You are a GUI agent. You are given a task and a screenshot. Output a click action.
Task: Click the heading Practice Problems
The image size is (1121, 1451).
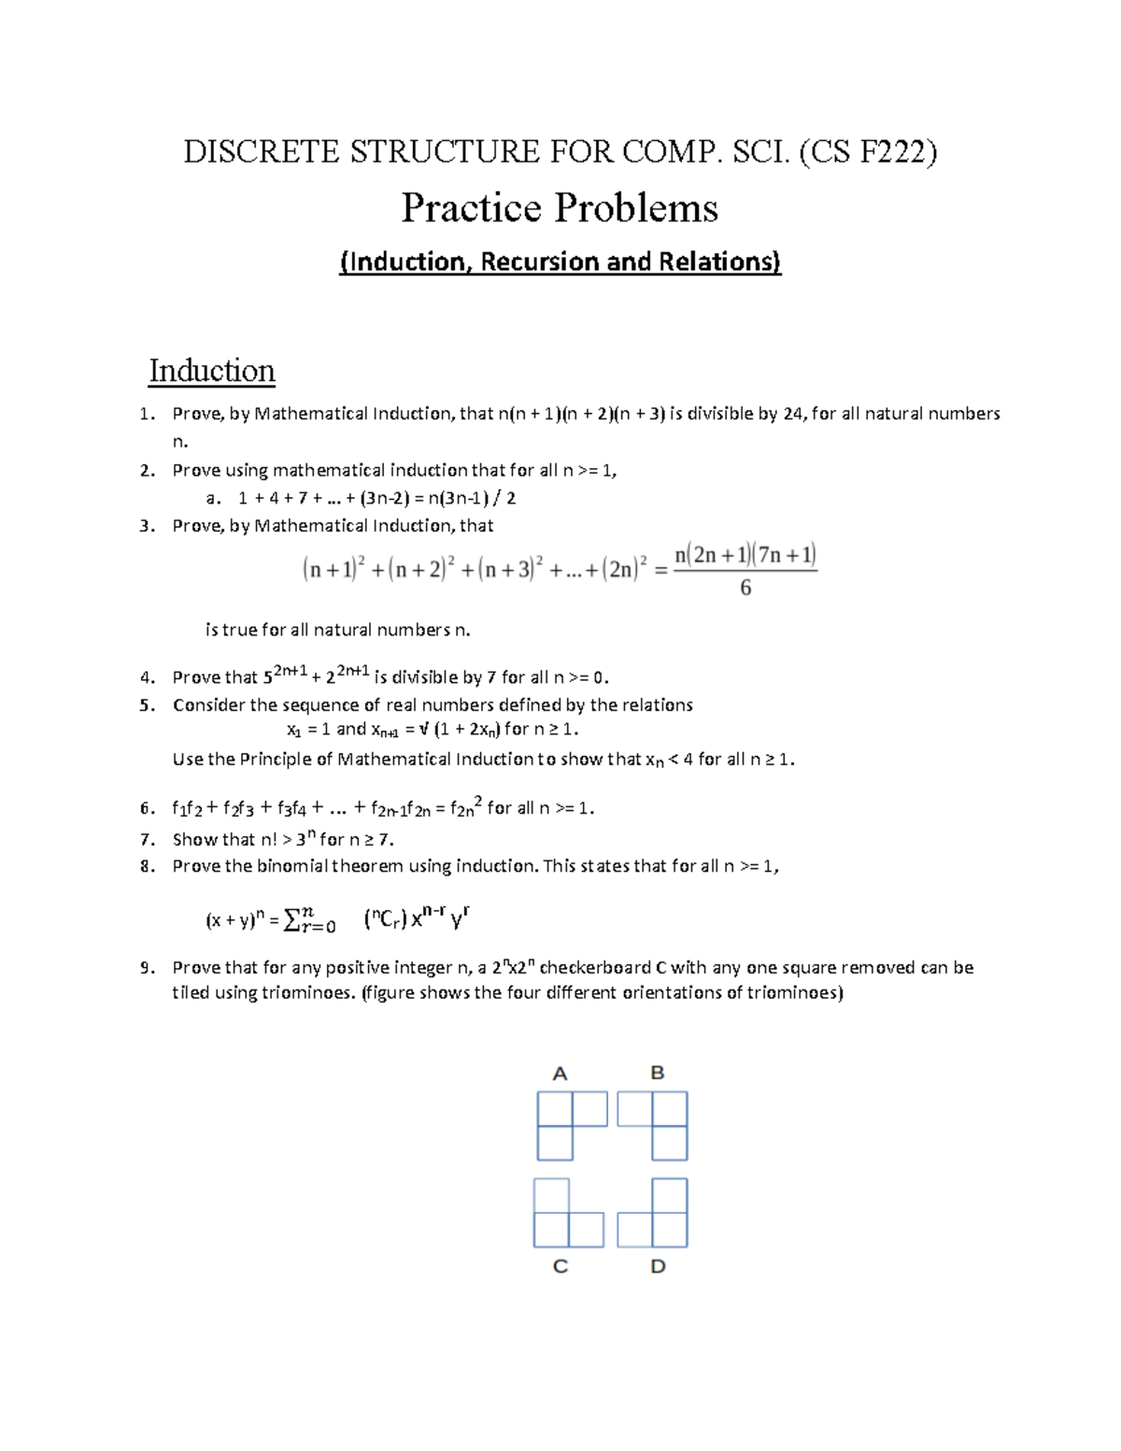coord(560,207)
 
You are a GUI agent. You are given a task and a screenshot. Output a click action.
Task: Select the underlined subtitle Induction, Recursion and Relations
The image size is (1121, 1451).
coord(560,262)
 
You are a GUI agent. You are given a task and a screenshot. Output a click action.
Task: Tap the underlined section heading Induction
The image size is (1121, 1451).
coord(212,371)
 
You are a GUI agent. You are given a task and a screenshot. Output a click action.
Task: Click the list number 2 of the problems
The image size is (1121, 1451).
coord(147,470)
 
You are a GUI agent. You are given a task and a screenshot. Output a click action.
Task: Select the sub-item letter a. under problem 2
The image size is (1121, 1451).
coord(213,498)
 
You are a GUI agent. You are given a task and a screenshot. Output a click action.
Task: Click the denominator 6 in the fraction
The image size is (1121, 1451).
coord(745,588)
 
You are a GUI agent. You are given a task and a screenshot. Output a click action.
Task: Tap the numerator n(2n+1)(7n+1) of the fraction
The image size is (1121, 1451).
coord(745,555)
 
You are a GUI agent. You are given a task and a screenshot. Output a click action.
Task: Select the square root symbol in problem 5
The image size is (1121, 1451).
coord(424,729)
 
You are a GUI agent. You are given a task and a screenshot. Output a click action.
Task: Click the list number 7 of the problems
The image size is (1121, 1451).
coord(147,839)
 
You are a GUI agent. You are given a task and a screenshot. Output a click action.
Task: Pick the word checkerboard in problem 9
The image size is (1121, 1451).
coord(595,968)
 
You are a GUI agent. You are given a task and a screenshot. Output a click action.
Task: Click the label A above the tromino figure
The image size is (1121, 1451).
coord(560,1074)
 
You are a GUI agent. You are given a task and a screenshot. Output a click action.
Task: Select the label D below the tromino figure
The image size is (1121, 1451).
coord(659,1267)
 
